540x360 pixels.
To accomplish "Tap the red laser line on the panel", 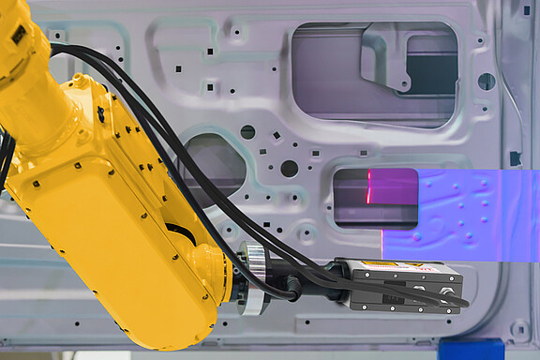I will point(368,187).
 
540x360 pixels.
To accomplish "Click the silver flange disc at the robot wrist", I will point(250,279).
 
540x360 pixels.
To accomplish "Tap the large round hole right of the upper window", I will point(486,82).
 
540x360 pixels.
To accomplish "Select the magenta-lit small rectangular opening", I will point(375,197).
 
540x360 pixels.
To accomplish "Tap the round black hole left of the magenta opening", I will point(289,169).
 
